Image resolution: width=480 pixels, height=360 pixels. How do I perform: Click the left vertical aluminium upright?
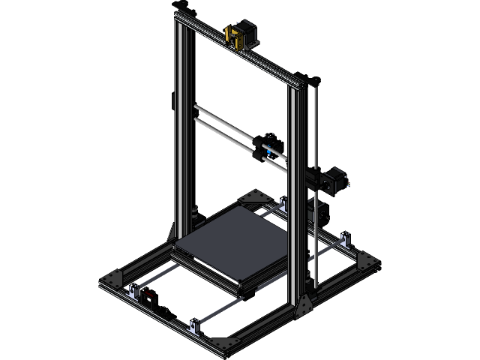pos(182,127)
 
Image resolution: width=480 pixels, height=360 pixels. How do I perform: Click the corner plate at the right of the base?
pos(366,260)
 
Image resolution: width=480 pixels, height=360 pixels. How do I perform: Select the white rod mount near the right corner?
pos(346,241)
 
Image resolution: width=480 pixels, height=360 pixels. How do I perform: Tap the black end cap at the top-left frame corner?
pos(178,7)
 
